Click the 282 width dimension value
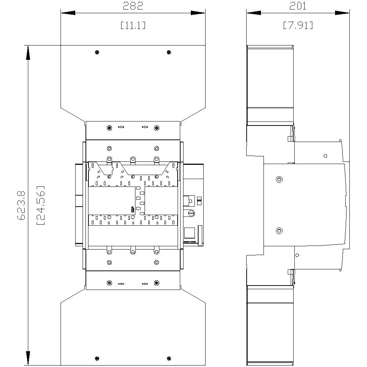point(132,6)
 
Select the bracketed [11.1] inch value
point(132,25)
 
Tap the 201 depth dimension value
point(298,6)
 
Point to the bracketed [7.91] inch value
point(298,25)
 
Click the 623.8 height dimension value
point(21,206)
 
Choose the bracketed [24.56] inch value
point(41,206)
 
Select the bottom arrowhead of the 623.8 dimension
point(28,358)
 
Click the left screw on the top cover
point(97,52)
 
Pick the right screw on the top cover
point(169,52)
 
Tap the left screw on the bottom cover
point(97,358)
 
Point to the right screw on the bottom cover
point(169,358)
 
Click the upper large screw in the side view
point(279,179)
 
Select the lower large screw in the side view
point(279,231)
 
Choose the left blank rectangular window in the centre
point(112,200)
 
